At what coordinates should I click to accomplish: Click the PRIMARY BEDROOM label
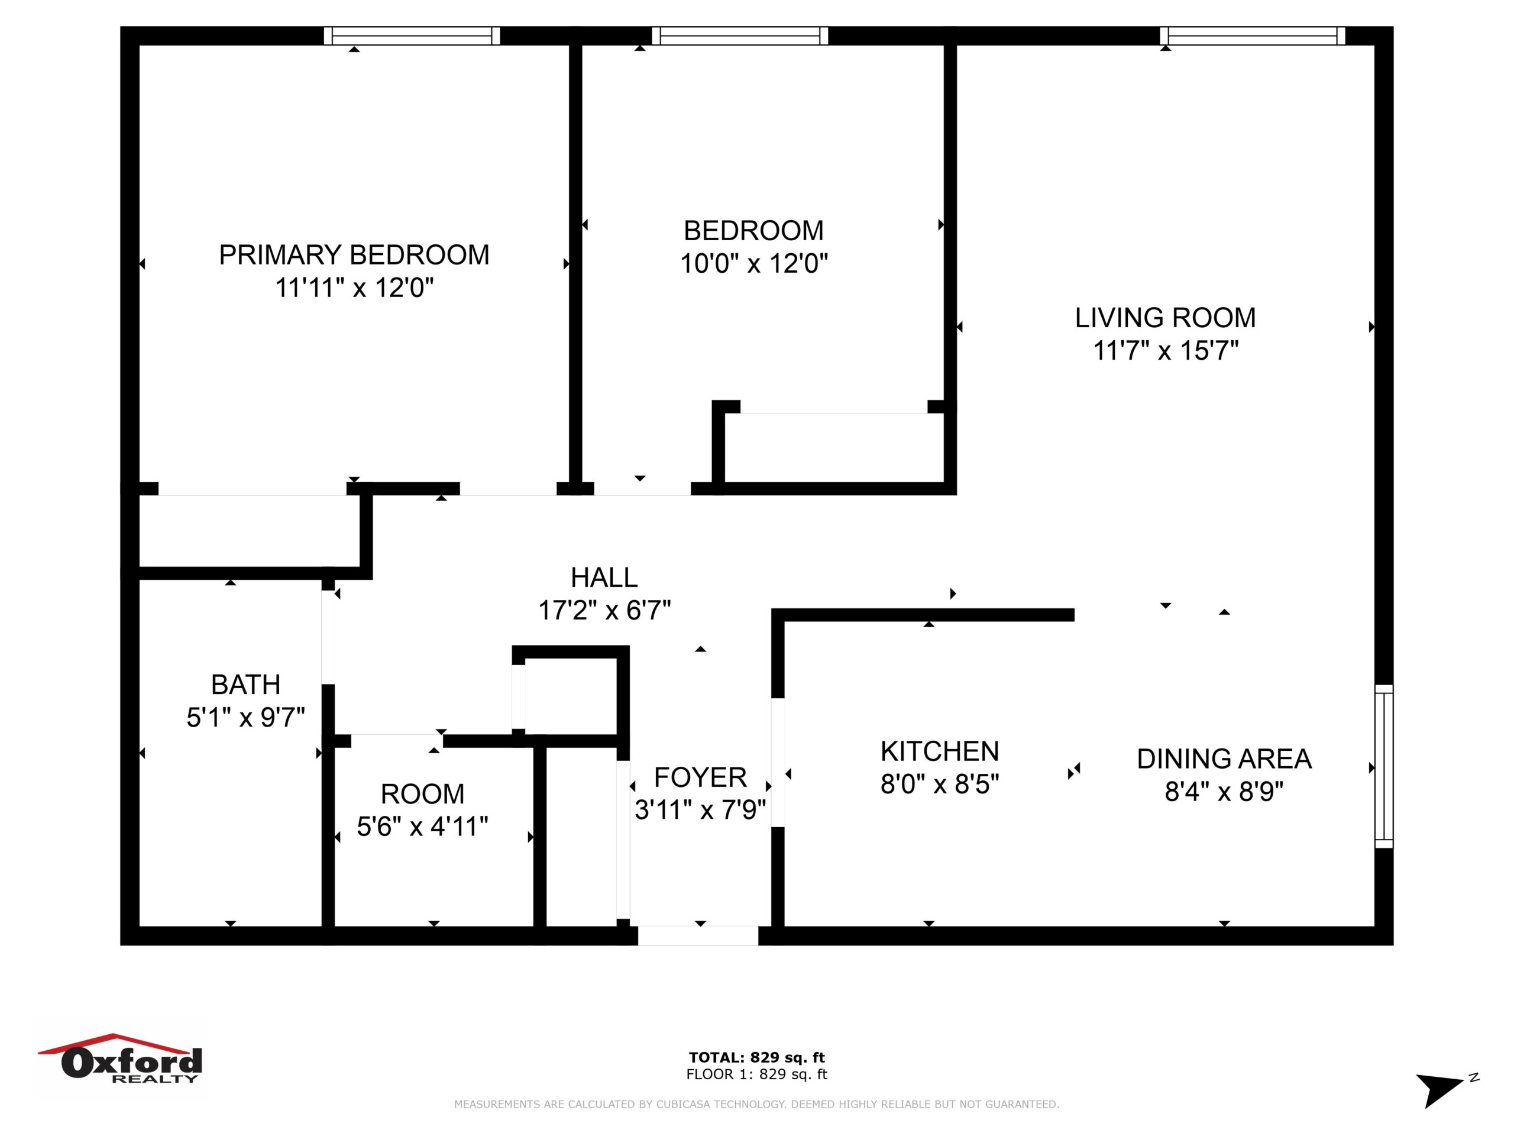click(x=354, y=255)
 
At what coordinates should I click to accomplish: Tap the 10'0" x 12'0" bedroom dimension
click(x=753, y=263)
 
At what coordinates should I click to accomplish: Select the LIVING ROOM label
click(x=1165, y=318)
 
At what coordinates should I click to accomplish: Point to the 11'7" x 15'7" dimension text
click(x=1165, y=351)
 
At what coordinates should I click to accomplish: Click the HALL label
click(x=604, y=578)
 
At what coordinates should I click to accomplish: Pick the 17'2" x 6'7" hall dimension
click(x=604, y=610)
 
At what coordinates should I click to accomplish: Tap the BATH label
click(x=245, y=685)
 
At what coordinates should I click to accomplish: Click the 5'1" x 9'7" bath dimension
click(x=245, y=718)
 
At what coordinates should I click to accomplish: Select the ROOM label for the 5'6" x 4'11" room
click(x=422, y=794)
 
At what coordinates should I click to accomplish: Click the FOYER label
click(x=700, y=778)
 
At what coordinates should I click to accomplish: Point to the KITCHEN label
click(x=940, y=752)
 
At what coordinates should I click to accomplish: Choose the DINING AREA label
click(x=1224, y=759)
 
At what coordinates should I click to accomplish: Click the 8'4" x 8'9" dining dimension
click(x=1224, y=792)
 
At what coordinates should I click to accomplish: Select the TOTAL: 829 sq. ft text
click(x=757, y=1057)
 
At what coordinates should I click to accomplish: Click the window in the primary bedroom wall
click(x=412, y=35)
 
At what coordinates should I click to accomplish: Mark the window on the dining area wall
click(x=1384, y=766)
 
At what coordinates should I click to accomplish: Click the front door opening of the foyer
click(x=698, y=936)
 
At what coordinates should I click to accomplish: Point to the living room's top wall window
click(x=1253, y=35)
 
